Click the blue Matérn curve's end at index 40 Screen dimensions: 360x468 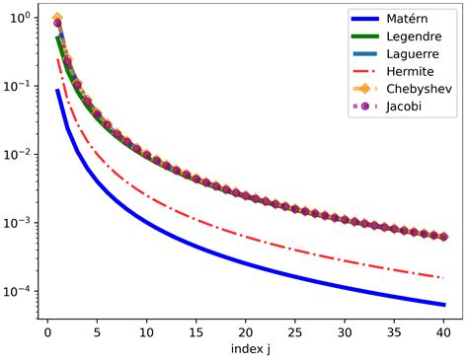444,304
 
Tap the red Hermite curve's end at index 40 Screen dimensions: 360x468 444,277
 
